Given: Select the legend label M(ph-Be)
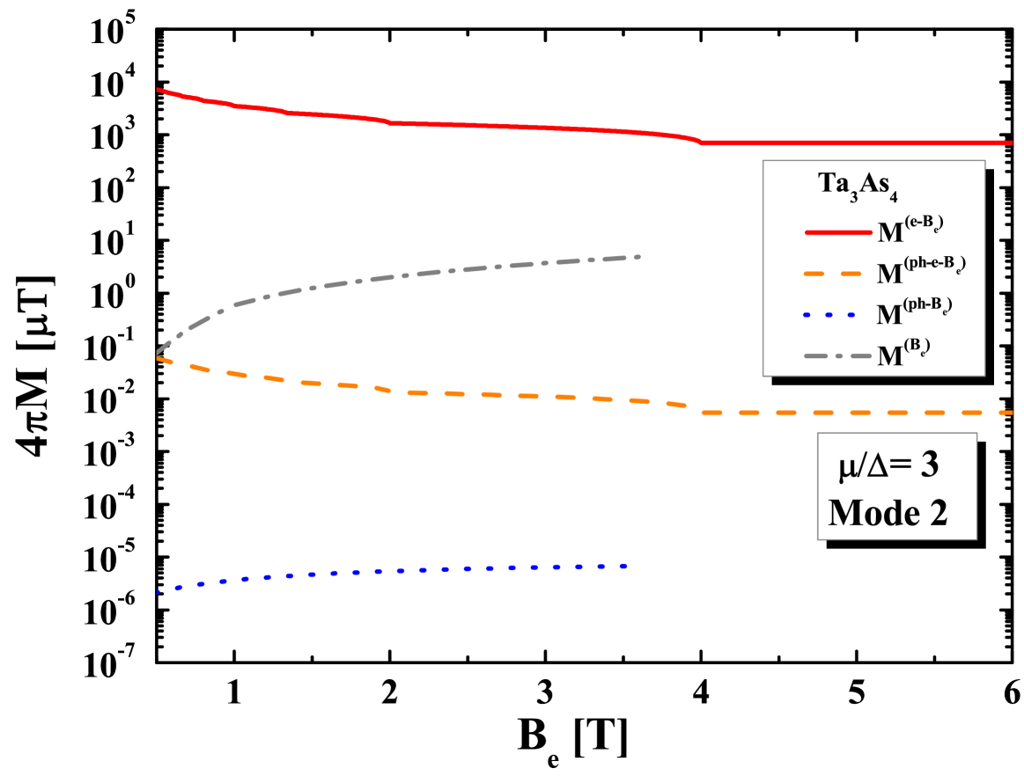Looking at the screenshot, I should pyautogui.click(x=915, y=312).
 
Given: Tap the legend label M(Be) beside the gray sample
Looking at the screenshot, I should pyautogui.click(x=904, y=354).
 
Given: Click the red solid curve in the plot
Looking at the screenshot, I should pyautogui.click(x=528, y=127).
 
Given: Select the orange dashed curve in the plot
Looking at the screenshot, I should pyautogui.click(x=528, y=396).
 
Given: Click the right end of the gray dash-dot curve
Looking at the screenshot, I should pyautogui.click(x=638, y=256).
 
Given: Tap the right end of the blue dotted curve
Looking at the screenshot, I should pyautogui.click(x=625, y=566).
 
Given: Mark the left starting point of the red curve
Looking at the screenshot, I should pyautogui.click(x=157, y=89).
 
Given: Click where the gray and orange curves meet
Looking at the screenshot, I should pyautogui.click(x=158, y=355).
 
